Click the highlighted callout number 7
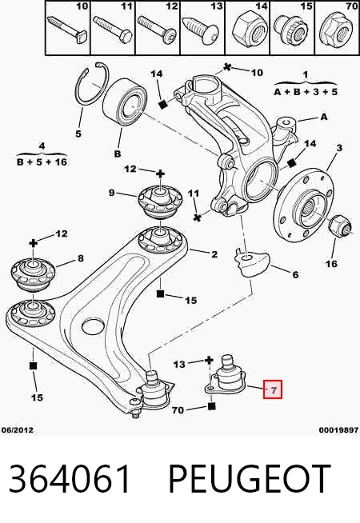coord(273,389)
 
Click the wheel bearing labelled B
coord(124,102)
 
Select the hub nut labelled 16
coord(340,226)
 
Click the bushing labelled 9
coord(160,200)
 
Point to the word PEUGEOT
coord(250,479)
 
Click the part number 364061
coord(70,479)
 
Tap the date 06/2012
coord(18,430)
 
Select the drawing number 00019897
coord(338,430)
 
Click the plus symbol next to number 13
coord(209,360)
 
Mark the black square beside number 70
coord(211,406)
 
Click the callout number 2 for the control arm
coord(214,254)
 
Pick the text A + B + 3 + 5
coord(306,91)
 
